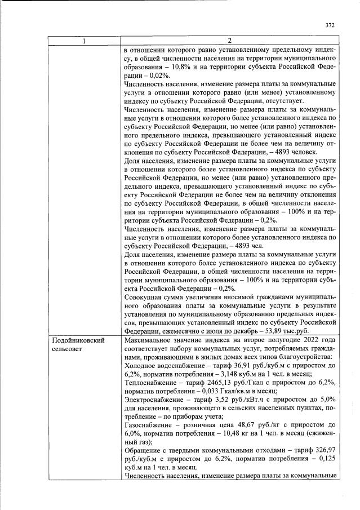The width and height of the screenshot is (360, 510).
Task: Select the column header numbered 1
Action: click(85, 41)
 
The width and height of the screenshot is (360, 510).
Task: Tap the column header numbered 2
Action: click(229, 41)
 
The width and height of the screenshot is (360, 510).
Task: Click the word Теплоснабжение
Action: click(149, 383)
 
